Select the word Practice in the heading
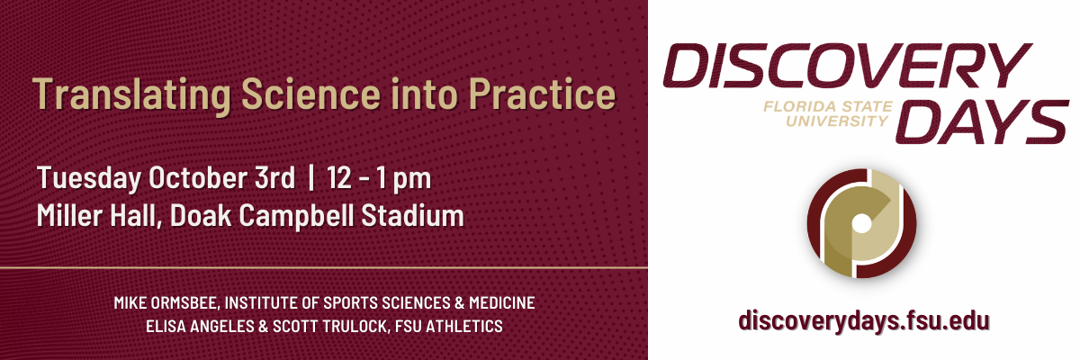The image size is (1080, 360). coord(543,94)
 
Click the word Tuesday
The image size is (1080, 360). coord(89,179)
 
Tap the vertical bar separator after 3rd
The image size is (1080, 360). coord(311,177)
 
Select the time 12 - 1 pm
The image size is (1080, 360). coord(379,179)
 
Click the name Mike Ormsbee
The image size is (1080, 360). coord(166,303)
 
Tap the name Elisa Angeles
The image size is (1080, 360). coord(200,327)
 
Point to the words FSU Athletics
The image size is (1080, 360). coord(449,327)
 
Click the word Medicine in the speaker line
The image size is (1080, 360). coord(502,303)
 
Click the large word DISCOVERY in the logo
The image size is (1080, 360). coord(847,66)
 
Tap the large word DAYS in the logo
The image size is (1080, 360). coord(982,121)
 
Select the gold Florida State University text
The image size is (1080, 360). coord(828,113)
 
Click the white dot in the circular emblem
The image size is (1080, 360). coord(862,223)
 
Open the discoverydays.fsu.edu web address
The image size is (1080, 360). coord(864,321)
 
